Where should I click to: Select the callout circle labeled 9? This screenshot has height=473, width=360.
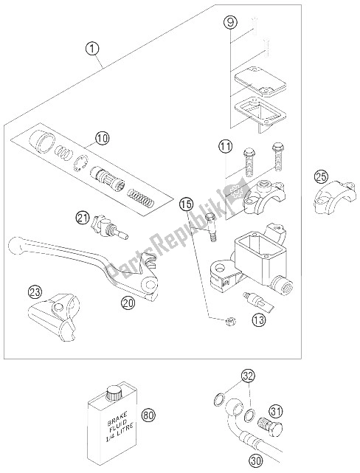point(230,23)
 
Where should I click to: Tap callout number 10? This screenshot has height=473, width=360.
point(103,139)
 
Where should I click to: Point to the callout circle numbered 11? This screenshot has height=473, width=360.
point(226,147)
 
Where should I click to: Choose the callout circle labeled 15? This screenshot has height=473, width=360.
point(186,204)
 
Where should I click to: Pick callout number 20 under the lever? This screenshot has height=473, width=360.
point(128,302)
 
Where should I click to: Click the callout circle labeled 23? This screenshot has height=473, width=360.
point(35,292)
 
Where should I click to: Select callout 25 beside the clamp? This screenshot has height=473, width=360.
point(321,176)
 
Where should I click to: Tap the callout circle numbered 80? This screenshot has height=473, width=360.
point(149,415)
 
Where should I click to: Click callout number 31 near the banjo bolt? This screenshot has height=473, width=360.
point(277,411)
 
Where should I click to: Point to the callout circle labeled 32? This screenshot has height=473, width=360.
point(248,376)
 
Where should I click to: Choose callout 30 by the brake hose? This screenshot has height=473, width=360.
point(256,460)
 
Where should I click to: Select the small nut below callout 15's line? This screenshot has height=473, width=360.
point(231,321)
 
